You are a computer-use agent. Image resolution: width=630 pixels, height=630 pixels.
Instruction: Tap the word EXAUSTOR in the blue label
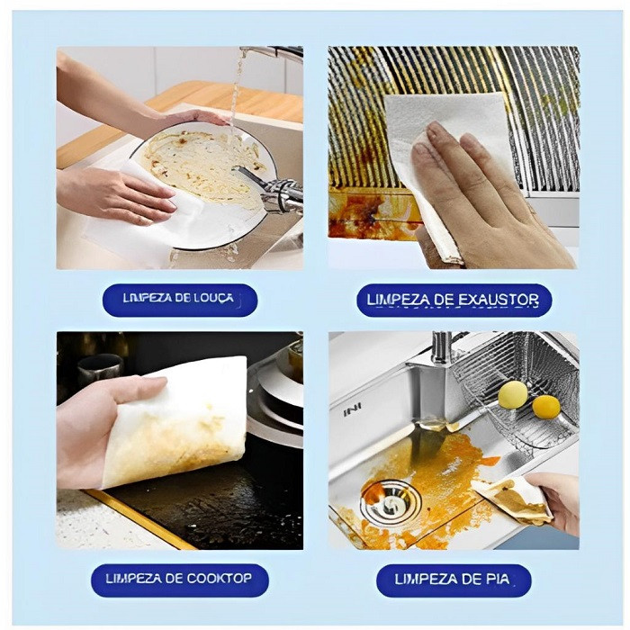499,300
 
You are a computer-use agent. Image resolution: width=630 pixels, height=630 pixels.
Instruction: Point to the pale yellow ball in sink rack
513,394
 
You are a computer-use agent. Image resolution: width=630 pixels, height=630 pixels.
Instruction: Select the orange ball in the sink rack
546,407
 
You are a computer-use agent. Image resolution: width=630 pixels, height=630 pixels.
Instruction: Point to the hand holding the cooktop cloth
101,430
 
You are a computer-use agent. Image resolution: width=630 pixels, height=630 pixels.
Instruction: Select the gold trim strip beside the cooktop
140,520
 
